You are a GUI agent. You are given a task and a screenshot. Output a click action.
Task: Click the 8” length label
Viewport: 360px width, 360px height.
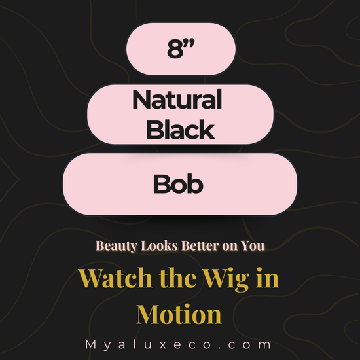181,48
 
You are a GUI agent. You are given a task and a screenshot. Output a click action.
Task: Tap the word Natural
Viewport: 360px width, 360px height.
177,99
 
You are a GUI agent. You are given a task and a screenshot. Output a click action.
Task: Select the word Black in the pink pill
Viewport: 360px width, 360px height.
181,129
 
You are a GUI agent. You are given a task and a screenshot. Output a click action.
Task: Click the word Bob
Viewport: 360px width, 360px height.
178,184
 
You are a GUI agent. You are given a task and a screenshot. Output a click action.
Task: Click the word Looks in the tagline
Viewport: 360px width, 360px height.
159,245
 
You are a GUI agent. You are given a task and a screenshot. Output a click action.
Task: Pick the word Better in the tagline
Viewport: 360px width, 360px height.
200,245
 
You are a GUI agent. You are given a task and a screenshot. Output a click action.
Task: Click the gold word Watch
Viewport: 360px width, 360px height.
115,278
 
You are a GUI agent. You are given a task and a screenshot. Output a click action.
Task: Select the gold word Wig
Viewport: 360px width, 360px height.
226,279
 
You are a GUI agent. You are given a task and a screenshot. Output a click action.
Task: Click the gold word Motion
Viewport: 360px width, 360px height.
179,314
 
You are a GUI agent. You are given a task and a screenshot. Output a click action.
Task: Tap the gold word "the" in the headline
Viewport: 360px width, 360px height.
177,278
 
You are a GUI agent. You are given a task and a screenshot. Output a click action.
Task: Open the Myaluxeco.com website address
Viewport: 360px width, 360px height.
178,344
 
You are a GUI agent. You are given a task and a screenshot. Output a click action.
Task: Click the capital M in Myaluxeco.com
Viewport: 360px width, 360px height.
91,344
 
